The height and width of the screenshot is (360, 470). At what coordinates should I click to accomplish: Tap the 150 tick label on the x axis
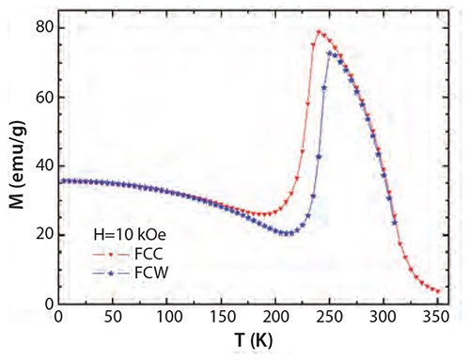222,319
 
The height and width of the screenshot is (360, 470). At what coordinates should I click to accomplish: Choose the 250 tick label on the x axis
330,319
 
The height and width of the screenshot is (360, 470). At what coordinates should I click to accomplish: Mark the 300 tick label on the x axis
384,319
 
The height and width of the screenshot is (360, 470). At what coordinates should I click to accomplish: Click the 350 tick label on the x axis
438,319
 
